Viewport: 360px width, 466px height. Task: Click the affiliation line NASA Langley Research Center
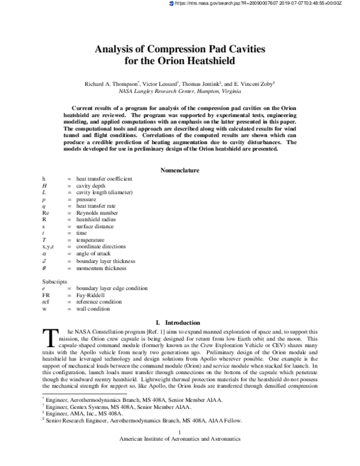[179, 92]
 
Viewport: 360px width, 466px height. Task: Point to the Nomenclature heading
[179, 171]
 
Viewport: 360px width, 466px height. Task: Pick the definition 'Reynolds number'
[96, 213]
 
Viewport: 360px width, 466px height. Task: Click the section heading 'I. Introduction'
[179, 322]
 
